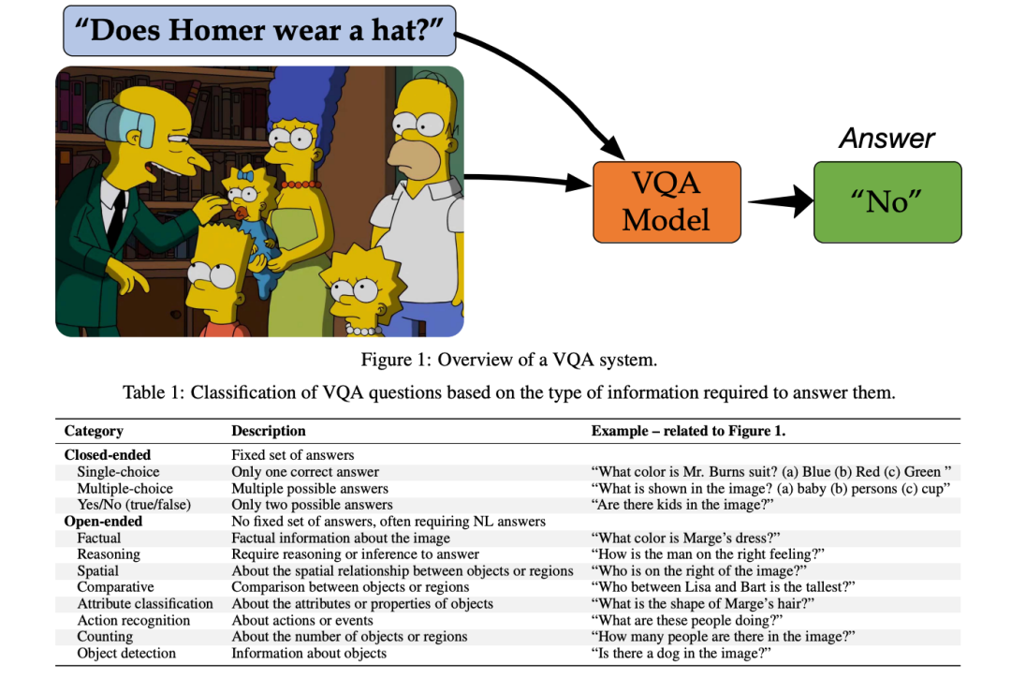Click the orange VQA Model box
667,202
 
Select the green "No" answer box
887,201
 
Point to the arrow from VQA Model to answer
776,200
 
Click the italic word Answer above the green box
886,139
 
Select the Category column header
94,431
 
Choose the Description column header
269,431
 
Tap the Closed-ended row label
107,455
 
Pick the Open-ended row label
103,521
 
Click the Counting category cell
105,636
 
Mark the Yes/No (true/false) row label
134,504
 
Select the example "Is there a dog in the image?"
681,653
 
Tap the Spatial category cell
98,570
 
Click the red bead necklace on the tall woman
300,185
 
